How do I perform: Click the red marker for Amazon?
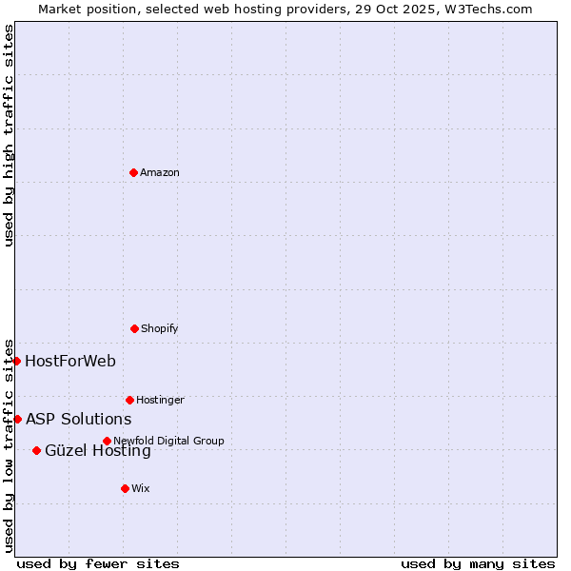[x=133, y=172]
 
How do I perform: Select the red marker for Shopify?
[x=134, y=328]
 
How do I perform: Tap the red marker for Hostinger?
[x=129, y=400]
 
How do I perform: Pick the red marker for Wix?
[x=125, y=488]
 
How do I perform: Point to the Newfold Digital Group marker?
[x=107, y=441]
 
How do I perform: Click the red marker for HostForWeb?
[x=16, y=361]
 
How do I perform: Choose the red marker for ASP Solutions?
[x=17, y=419]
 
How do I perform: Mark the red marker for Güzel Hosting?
[x=36, y=450]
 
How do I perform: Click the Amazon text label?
[x=160, y=172]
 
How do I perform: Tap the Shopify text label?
[x=160, y=328]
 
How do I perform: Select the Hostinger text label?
[x=160, y=400]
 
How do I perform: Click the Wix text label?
[x=141, y=488]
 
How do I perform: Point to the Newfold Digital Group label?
[x=168, y=441]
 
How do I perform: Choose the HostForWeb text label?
[x=70, y=361]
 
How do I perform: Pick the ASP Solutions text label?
[x=78, y=419]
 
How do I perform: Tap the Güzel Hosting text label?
[x=98, y=451]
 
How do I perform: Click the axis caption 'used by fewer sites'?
[x=98, y=563]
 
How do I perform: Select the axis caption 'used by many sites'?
[x=478, y=563]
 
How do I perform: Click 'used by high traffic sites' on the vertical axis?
[x=9, y=135]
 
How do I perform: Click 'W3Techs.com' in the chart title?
[x=487, y=9]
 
